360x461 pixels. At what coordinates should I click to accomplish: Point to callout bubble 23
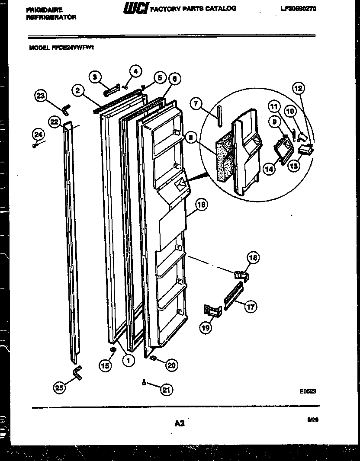pos(41,96)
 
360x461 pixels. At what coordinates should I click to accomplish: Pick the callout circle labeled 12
pos(299,89)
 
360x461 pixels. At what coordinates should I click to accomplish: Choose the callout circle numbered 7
pos(196,104)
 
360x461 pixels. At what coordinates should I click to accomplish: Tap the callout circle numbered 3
pos(95,77)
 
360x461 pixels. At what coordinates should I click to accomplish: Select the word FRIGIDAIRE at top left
pos(45,10)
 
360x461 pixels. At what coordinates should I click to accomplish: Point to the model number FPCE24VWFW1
pos(77,49)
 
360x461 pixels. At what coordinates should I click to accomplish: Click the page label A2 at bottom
pos(179,424)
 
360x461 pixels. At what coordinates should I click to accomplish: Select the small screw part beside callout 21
pos(143,382)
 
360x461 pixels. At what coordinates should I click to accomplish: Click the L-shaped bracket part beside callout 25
pos(76,372)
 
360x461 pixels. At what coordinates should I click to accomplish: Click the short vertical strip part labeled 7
pos(220,115)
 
